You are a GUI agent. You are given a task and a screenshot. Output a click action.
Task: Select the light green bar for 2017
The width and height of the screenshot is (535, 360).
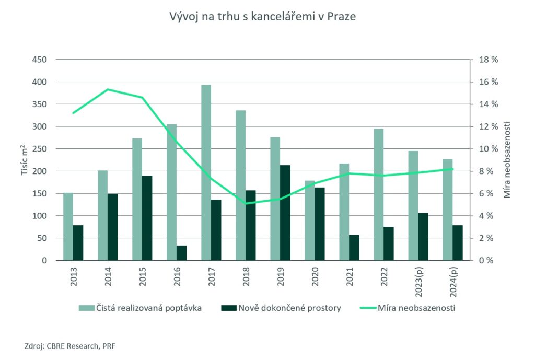(206, 172)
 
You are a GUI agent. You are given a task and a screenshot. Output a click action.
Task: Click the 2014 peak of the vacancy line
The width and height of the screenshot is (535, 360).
(108, 89)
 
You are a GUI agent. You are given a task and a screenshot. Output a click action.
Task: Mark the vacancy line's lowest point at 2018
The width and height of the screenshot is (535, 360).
(246, 203)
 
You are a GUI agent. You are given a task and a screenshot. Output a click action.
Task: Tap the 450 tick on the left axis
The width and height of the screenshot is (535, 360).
(40, 60)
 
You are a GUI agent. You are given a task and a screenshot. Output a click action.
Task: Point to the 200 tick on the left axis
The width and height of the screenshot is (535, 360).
(40, 171)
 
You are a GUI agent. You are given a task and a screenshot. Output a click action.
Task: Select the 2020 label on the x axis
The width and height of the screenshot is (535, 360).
(315, 275)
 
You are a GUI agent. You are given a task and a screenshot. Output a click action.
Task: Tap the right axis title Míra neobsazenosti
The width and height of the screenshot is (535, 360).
(507, 160)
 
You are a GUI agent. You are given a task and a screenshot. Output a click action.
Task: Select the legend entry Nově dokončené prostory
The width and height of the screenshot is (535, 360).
(289, 308)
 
